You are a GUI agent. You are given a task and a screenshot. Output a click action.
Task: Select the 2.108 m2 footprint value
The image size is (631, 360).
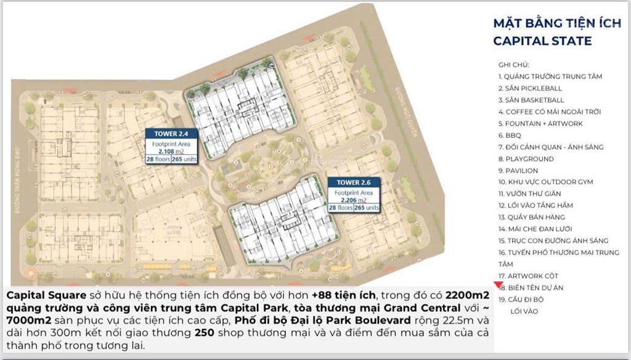(166, 150)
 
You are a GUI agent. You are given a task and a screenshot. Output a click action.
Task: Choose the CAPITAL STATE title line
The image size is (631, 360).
(542, 41)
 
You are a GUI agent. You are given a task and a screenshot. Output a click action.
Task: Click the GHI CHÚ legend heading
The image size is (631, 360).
(514, 65)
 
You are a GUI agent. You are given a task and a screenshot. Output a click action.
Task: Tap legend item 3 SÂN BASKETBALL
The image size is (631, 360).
(531, 100)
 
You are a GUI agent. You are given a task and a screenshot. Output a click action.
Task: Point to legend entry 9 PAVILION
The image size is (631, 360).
(518, 170)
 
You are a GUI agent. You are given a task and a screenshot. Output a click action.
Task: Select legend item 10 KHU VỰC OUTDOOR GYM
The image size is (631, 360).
(546, 182)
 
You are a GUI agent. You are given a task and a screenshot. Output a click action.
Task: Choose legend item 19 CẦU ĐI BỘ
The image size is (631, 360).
(521, 299)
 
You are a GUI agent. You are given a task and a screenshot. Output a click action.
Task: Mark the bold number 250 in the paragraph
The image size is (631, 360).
(205, 332)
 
